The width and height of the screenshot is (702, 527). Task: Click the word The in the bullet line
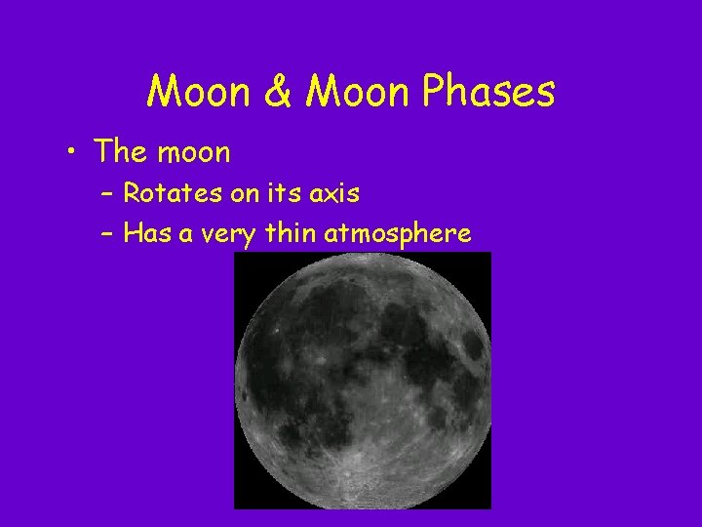tap(120, 151)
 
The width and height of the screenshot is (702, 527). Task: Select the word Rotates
tap(173, 193)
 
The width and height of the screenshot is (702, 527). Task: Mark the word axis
tap(334, 193)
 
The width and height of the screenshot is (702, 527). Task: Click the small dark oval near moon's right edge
tap(475, 345)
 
